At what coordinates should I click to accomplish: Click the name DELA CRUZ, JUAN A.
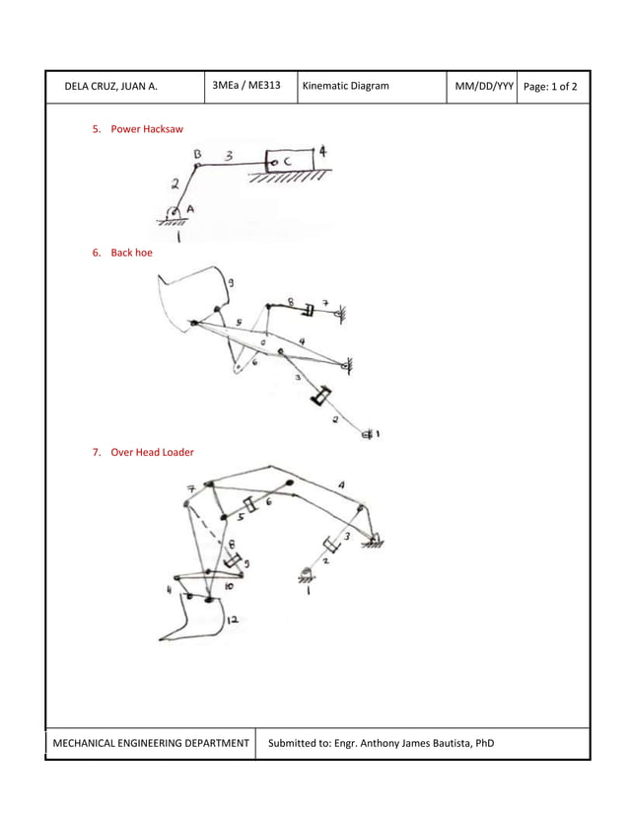point(110,87)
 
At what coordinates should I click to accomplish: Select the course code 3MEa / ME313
point(246,86)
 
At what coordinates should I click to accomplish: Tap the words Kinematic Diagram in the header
point(346,87)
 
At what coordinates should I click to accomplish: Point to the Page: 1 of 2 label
point(551,87)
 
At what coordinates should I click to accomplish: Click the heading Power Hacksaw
point(146,129)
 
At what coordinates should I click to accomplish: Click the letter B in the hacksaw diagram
point(198,154)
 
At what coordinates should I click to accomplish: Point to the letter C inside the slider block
point(287,161)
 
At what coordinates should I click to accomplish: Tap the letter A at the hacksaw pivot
point(190,207)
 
